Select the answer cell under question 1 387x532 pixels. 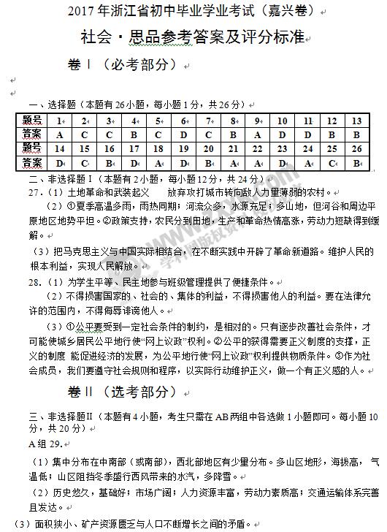(59, 134)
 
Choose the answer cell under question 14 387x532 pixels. (59, 162)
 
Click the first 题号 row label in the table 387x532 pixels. (31, 121)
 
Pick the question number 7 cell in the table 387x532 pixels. (209, 121)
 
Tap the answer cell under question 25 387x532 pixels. (332, 162)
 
